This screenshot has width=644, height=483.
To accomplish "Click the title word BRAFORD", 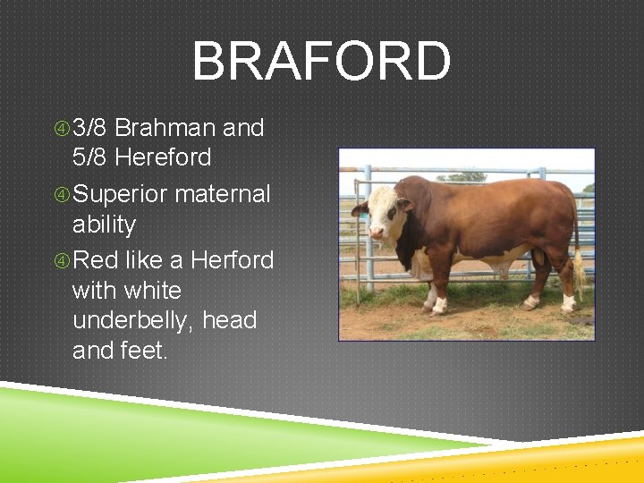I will tap(321, 62).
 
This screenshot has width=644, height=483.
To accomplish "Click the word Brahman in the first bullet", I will tap(165, 128).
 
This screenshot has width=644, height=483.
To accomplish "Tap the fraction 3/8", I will tap(90, 128).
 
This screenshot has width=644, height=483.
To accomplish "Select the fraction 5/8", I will tap(90, 157).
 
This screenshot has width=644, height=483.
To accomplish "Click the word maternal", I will tap(223, 193).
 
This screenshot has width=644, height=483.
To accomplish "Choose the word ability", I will tap(104, 224).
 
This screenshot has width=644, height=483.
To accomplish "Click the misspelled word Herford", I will tap(231, 260).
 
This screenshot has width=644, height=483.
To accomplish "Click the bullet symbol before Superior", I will tap(62, 194).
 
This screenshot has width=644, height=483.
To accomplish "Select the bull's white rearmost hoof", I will tap(568, 304).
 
